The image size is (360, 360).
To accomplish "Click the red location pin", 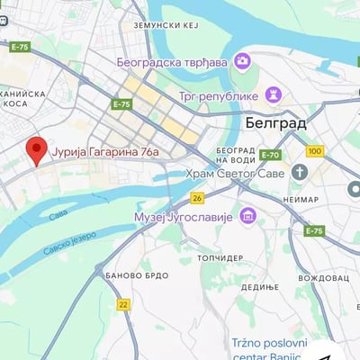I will (36, 150).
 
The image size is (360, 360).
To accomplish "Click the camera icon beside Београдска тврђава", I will (242, 61).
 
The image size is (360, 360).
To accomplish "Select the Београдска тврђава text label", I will (173, 62).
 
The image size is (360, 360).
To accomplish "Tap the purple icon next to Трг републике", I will (274, 94).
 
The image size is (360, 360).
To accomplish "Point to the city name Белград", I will (275, 121).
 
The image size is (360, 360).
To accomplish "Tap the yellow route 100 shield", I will (315, 151).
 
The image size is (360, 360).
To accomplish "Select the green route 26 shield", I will (197, 197).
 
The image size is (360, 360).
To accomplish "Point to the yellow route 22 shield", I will (123, 304).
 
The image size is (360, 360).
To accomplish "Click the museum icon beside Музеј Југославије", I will (247, 217).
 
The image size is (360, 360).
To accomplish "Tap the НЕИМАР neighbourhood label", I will (299, 198).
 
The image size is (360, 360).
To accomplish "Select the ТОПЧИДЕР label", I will (220, 257).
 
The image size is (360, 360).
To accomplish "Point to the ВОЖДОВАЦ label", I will (322, 279).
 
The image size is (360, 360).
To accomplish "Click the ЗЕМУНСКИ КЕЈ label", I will (165, 26).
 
